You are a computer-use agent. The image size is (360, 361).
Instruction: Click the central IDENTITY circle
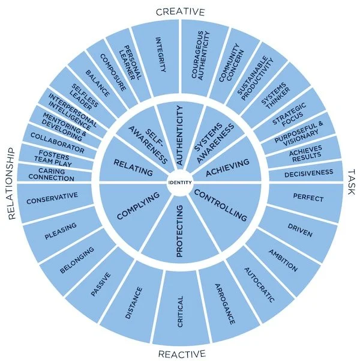coord(180,182)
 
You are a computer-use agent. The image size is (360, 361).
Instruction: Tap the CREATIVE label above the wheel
coord(180,11)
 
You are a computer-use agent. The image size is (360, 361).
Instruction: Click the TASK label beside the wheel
coord(351,175)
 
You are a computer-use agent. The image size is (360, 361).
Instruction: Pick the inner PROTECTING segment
coord(179,231)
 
